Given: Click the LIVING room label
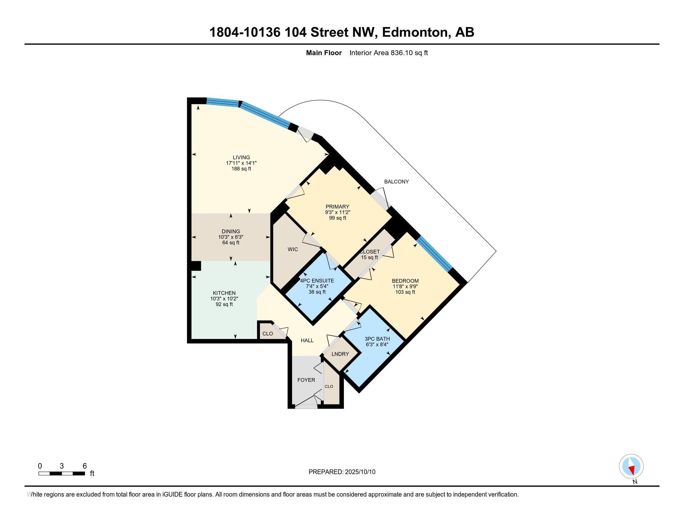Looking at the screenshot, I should point(241,157).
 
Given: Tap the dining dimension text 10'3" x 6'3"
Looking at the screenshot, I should point(231,237).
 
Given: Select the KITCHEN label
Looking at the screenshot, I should point(224,293).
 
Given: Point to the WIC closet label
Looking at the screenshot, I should point(293,250).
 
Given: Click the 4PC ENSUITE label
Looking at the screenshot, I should point(317,281).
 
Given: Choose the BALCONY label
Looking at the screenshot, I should point(396,182).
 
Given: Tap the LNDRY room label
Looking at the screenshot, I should point(340,354).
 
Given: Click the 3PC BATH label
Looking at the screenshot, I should point(377,339).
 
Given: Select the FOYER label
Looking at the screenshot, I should point(306,380).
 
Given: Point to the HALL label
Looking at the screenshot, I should point(307,341).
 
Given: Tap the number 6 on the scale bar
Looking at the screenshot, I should point(85,466).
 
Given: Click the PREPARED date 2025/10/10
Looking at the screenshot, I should point(360,472).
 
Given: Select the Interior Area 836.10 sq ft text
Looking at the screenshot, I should point(388,53).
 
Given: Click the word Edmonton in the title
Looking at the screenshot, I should point(415,32).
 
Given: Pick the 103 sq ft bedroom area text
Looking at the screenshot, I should point(405,292).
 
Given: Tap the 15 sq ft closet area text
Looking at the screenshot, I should point(370,258).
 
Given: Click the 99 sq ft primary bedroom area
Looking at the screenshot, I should point(337,218).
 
